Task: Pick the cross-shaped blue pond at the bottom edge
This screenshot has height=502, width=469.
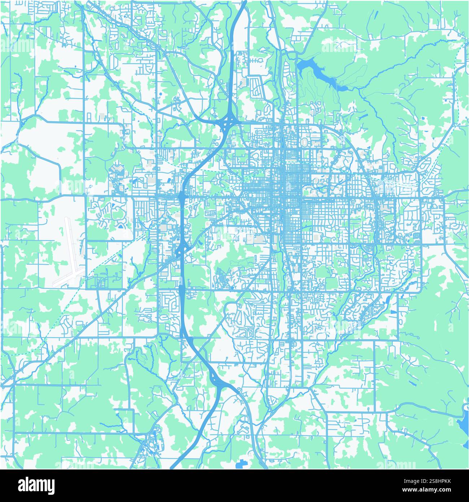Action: (240, 464)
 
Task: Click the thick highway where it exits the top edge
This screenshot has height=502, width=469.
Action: (244, 2)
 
